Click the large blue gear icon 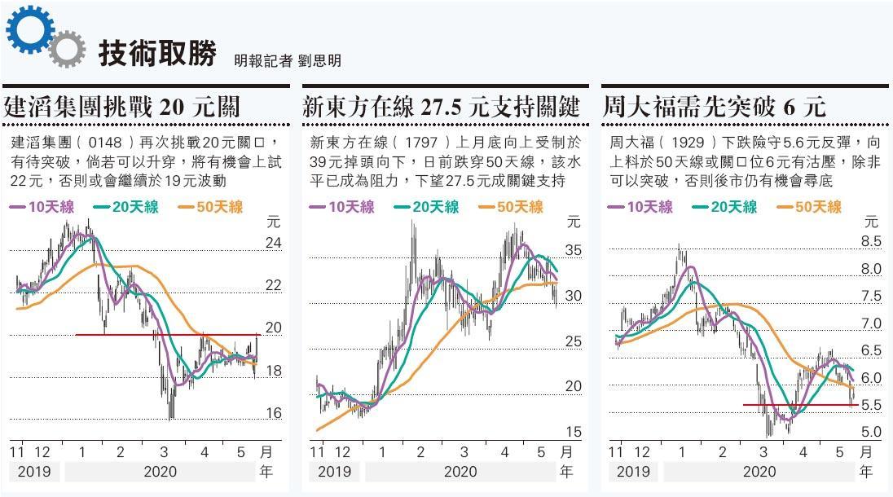[29, 29]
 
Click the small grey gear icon [67, 49]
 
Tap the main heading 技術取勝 [157, 54]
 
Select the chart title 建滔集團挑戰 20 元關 [122, 107]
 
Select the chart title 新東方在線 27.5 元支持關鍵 [441, 107]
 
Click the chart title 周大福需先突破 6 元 [715, 107]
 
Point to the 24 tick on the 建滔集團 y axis [274, 243]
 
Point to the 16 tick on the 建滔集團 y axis [274, 413]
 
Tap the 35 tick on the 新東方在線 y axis [574, 250]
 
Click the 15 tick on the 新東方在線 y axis [574, 432]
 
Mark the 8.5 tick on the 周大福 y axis [871, 241]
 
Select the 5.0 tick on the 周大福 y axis [871, 432]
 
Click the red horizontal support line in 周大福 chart [798, 405]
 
